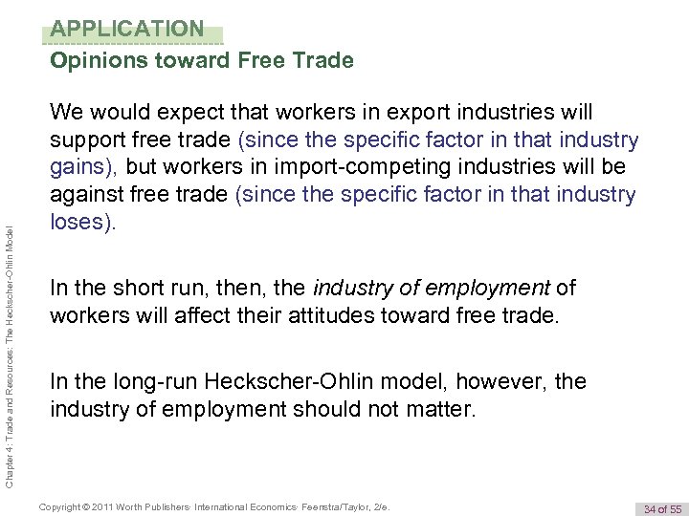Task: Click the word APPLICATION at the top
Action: click(127, 29)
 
